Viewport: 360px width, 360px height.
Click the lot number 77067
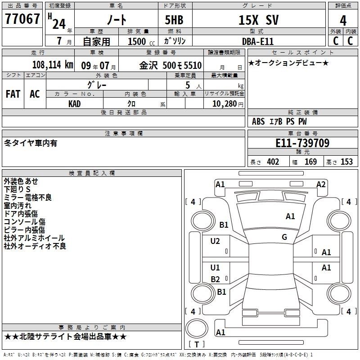[x=22, y=20]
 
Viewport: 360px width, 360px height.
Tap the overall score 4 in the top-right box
[x=343, y=20]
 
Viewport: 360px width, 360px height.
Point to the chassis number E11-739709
[x=302, y=143]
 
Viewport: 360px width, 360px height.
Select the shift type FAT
[x=13, y=94]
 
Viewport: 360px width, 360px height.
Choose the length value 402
[x=273, y=162]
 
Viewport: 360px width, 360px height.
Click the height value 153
[x=346, y=162]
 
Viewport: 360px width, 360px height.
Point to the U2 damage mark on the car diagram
[x=215, y=241]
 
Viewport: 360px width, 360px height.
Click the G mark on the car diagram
[x=284, y=237]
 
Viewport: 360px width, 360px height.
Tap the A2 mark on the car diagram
[x=321, y=184]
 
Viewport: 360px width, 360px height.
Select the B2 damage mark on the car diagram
[x=215, y=279]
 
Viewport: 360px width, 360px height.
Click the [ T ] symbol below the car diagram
[x=196, y=344]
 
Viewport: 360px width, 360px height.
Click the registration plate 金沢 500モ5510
[x=170, y=65]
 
